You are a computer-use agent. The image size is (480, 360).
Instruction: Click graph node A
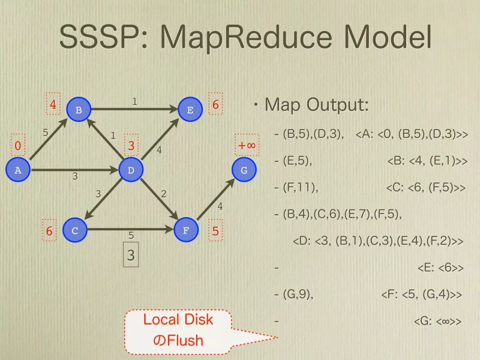(17, 170)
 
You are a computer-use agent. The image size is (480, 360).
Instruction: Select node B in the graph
(79, 109)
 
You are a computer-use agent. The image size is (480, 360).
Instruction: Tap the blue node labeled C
(74, 230)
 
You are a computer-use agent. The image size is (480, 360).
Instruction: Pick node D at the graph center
(131, 170)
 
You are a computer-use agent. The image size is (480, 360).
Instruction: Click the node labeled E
(190, 109)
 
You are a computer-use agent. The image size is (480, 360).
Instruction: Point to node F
(185, 230)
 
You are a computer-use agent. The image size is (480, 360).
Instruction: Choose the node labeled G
(244, 170)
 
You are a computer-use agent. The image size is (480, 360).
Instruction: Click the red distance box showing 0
(18, 146)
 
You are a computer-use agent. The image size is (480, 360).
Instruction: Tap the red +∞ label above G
(247, 146)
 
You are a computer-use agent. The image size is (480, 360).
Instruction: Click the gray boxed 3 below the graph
(131, 255)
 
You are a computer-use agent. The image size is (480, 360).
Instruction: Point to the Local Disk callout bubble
(178, 330)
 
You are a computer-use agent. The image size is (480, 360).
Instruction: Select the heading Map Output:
(316, 105)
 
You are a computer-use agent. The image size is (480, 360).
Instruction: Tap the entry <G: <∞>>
(437, 321)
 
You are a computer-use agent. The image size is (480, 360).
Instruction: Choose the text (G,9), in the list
(298, 294)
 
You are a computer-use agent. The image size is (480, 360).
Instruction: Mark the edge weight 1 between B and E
(135, 101)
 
